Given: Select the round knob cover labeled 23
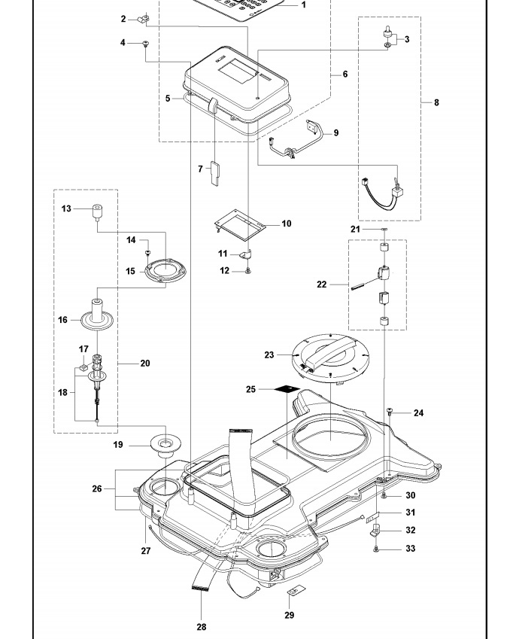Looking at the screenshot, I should (x=330, y=355).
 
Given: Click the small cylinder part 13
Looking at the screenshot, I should (x=97, y=210).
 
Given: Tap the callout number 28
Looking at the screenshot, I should (x=201, y=626).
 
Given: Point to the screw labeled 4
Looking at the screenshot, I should (x=146, y=45).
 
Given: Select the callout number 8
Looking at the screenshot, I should (x=436, y=102).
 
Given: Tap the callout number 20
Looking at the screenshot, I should (x=144, y=364).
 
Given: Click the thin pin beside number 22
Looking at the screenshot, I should (x=360, y=285).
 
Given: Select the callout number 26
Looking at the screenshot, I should (x=97, y=488).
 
